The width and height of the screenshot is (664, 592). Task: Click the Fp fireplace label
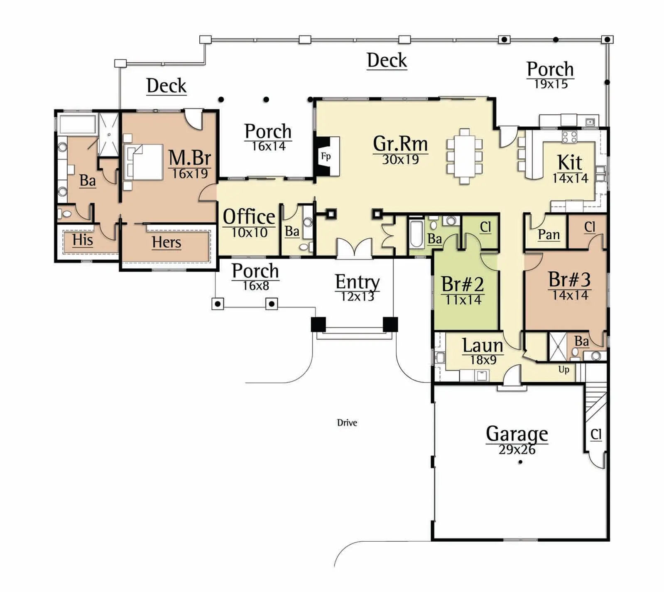(326, 157)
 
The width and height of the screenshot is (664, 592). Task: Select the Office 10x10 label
(249, 223)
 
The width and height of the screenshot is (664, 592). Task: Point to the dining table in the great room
(465, 156)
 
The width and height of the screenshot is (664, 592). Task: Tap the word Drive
(347, 423)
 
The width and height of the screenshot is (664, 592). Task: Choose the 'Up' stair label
(564, 369)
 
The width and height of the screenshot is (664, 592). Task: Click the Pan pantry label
(549, 235)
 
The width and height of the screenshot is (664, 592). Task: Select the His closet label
(83, 240)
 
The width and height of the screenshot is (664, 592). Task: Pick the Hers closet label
(167, 242)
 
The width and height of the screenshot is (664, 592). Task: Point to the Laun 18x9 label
(483, 351)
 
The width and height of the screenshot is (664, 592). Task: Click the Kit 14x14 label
(570, 169)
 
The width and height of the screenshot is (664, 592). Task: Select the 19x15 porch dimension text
(551, 84)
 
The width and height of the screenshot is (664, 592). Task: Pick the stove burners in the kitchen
(569, 137)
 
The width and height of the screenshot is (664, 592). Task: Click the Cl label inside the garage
(596, 435)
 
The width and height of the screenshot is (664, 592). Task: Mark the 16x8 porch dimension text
(256, 286)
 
